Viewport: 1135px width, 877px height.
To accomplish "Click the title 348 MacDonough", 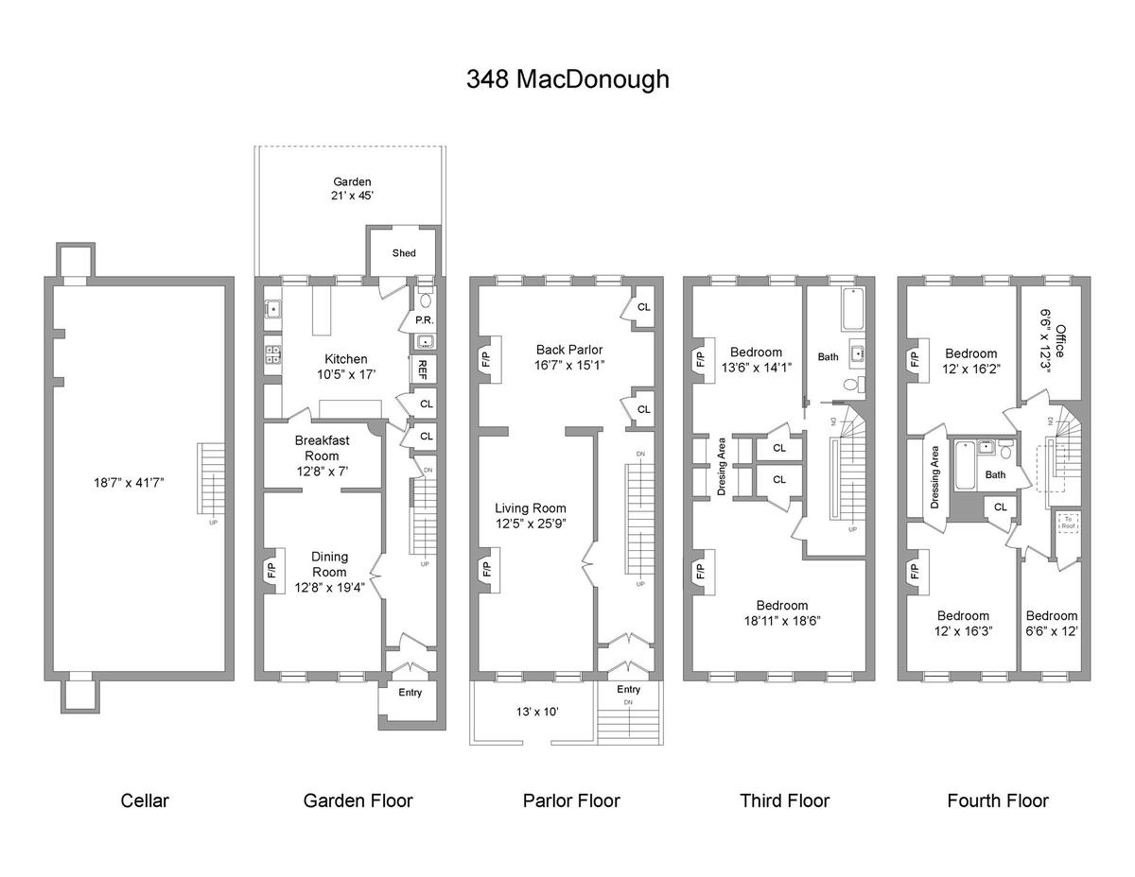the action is (567, 79).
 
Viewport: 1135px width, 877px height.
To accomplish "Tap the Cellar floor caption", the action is (145, 800).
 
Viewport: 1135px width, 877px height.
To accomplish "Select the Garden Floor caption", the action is (358, 800).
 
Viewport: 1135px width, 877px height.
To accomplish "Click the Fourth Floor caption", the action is (998, 800).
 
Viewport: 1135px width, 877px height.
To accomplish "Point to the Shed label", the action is (404, 253).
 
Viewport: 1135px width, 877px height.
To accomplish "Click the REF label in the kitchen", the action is (423, 368).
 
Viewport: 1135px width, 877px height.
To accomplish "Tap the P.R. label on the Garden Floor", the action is (424, 320).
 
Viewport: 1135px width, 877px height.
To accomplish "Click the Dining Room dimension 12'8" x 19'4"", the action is (329, 586).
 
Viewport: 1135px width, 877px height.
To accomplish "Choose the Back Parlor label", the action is (568, 350).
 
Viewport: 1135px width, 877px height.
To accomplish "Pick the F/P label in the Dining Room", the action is (271, 570).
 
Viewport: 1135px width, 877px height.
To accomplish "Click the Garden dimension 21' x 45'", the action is (351, 189).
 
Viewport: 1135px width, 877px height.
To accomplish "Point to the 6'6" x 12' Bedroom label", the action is (1051, 622).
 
